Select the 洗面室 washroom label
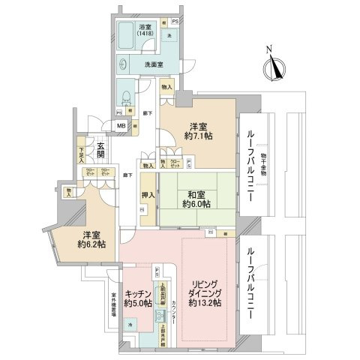[154, 64]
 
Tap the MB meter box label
[121, 126]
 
